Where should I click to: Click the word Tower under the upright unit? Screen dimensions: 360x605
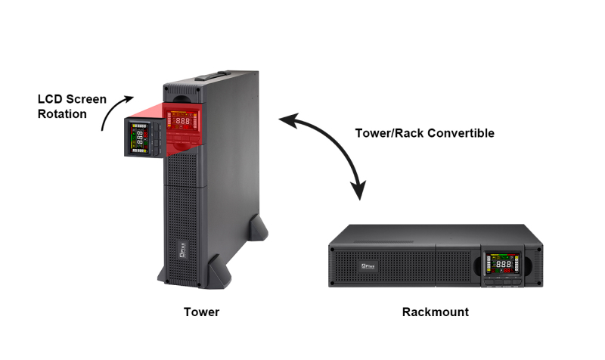[x=202, y=312]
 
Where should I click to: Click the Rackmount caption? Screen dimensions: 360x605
[x=436, y=312]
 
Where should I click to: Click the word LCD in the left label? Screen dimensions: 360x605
[x=50, y=99]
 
